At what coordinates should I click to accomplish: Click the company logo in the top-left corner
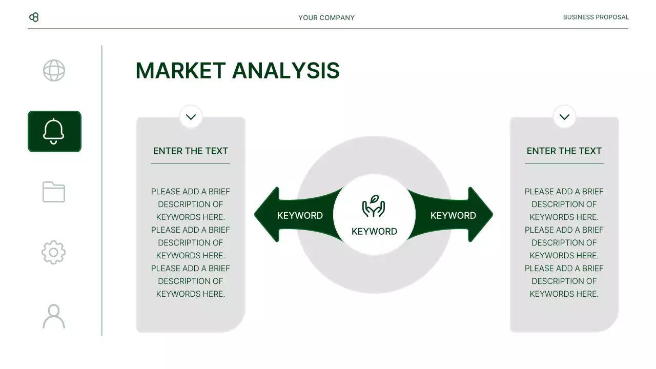(34, 17)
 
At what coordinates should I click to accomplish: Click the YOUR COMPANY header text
(326, 17)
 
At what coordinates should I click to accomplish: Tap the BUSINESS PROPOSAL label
(596, 17)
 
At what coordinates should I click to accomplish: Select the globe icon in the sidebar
(54, 71)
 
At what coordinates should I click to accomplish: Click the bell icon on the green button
(54, 131)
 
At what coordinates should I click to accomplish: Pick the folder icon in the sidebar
(54, 192)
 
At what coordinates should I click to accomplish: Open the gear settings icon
(54, 253)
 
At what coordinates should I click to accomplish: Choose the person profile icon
(54, 316)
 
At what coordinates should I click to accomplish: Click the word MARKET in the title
(180, 71)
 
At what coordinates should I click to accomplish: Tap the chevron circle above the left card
(191, 117)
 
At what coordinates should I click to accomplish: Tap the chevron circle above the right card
(564, 117)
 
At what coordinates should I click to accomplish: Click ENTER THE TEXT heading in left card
(191, 151)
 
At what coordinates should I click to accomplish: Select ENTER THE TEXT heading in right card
(564, 151)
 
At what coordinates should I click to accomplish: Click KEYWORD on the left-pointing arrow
(300, 215)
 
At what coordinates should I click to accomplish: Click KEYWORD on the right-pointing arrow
(453, 215)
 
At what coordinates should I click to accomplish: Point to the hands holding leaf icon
(374, 206)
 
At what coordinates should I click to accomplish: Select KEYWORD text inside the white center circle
(374, 231)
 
